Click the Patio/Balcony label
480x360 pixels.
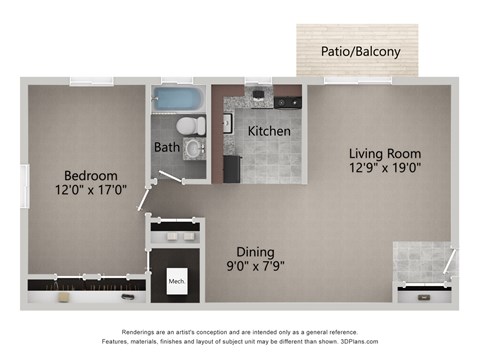355,51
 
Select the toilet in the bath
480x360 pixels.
190,126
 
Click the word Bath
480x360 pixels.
166,147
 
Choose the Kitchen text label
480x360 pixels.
269,131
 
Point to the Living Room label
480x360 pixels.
385,153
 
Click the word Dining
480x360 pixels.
256,252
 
